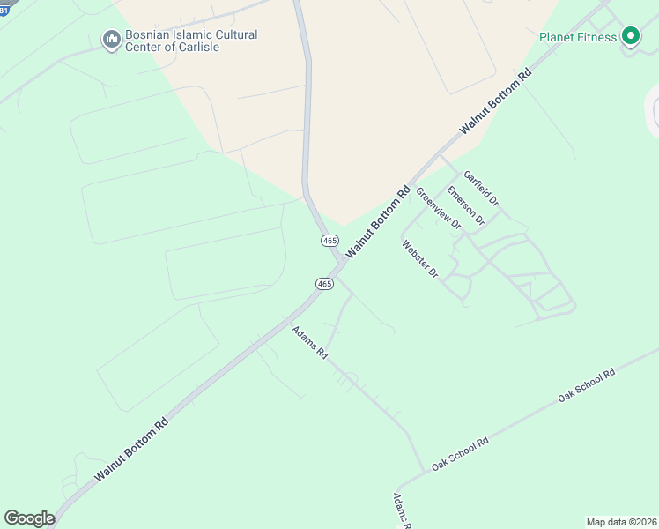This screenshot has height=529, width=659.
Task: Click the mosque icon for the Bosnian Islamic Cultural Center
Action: (x=111, y=40)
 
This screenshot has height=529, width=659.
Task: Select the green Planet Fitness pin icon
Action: (x=630, y=36)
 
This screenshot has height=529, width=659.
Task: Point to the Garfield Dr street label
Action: (x=482, y=189)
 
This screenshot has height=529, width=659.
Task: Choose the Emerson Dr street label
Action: (x=465, y=205)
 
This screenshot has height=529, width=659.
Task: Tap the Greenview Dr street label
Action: (x=438, y=208)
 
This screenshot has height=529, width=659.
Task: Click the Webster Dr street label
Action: (x=420, y=259)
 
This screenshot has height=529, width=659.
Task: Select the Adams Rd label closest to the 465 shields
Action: (x=310, y=342)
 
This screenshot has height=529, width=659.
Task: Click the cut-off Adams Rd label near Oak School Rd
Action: (x=403, y=511)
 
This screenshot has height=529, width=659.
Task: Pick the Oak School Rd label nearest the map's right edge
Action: (x=586, y=386)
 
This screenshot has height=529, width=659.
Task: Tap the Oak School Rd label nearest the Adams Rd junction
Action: (x=459, y=454)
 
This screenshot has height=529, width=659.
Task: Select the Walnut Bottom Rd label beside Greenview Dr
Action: (x=379, y=221)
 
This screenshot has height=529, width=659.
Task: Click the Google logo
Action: (x=29, y=518)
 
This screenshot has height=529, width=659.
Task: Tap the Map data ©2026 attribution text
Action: (x=621, y=522)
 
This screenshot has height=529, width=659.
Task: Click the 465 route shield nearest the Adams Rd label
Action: (x=324, y=283)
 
